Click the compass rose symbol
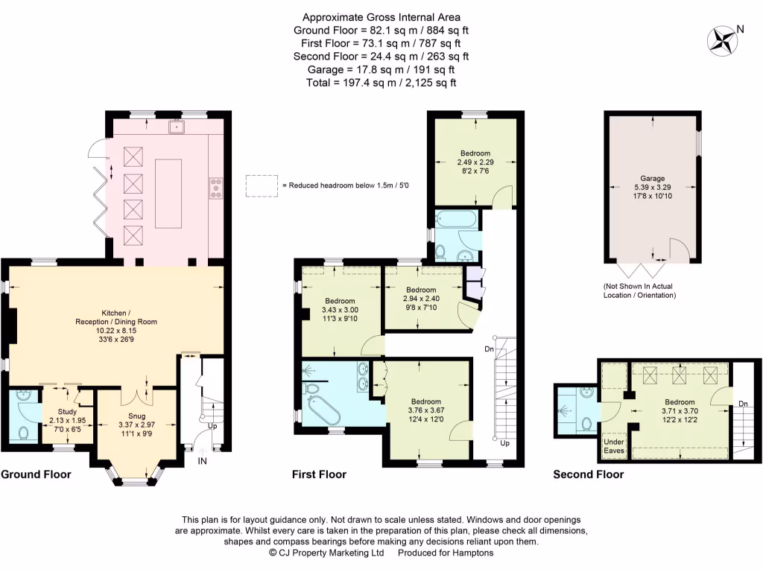coord(722,40)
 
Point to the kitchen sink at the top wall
coord(176,127)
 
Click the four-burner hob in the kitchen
coord(216,188)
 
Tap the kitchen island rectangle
coord(168,193)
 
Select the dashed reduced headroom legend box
coord(262,185)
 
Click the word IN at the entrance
coord(203,460)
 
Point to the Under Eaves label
coord(614,446)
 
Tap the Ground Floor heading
coord(36,474)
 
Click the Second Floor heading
coord(589,474)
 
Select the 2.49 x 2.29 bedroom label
coord(475,162)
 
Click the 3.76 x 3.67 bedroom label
coord(426,410)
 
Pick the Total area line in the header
coord(381,83)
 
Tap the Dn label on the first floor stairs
coord(489,349)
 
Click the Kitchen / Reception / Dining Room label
coord(115,326)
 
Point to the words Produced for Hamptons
coord(446,553)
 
